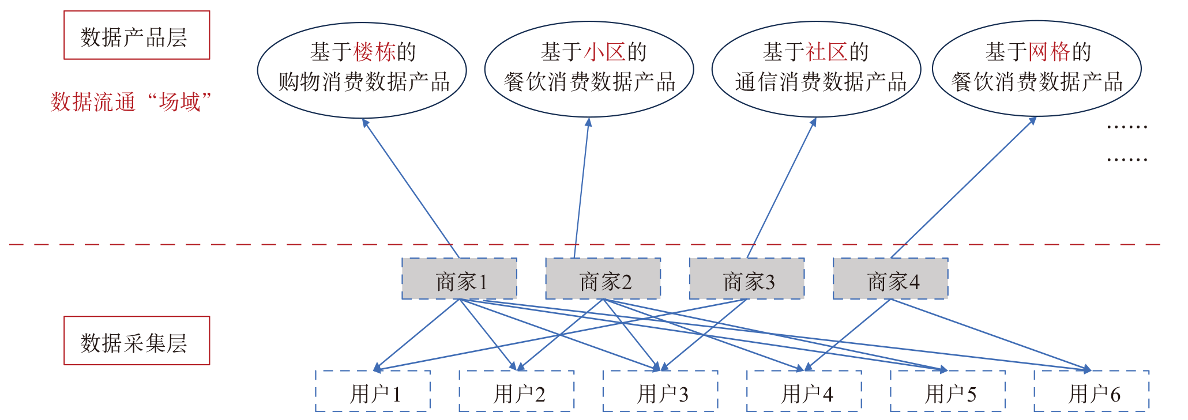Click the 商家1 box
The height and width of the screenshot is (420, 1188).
tap(459, 279)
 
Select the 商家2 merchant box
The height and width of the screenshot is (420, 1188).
tap(603, 279)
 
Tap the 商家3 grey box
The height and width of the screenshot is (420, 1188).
tap(747, 279)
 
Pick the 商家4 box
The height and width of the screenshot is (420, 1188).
tap(890, 279)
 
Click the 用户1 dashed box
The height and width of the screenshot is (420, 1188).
tap(373, 392)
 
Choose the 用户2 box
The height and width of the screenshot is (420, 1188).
tap(517, 392)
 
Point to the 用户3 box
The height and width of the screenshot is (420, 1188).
tap(660, 392)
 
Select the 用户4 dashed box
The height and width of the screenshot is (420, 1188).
tap(804, 392)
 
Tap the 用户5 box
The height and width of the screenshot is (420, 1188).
tap(948, 392)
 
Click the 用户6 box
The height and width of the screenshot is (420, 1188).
tap(1092, 392)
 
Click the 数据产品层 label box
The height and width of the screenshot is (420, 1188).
tap(137, 36)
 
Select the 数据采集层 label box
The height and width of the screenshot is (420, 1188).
tap(137, 341)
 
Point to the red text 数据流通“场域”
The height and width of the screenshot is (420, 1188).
tap(131, 102)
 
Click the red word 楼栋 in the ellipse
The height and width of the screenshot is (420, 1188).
tap(374, 52)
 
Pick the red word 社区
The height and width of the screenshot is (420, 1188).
tap(826, 52)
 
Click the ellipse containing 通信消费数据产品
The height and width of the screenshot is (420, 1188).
tap(816, 70)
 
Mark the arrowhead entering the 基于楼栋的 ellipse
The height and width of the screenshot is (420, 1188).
tap(365, 122)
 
